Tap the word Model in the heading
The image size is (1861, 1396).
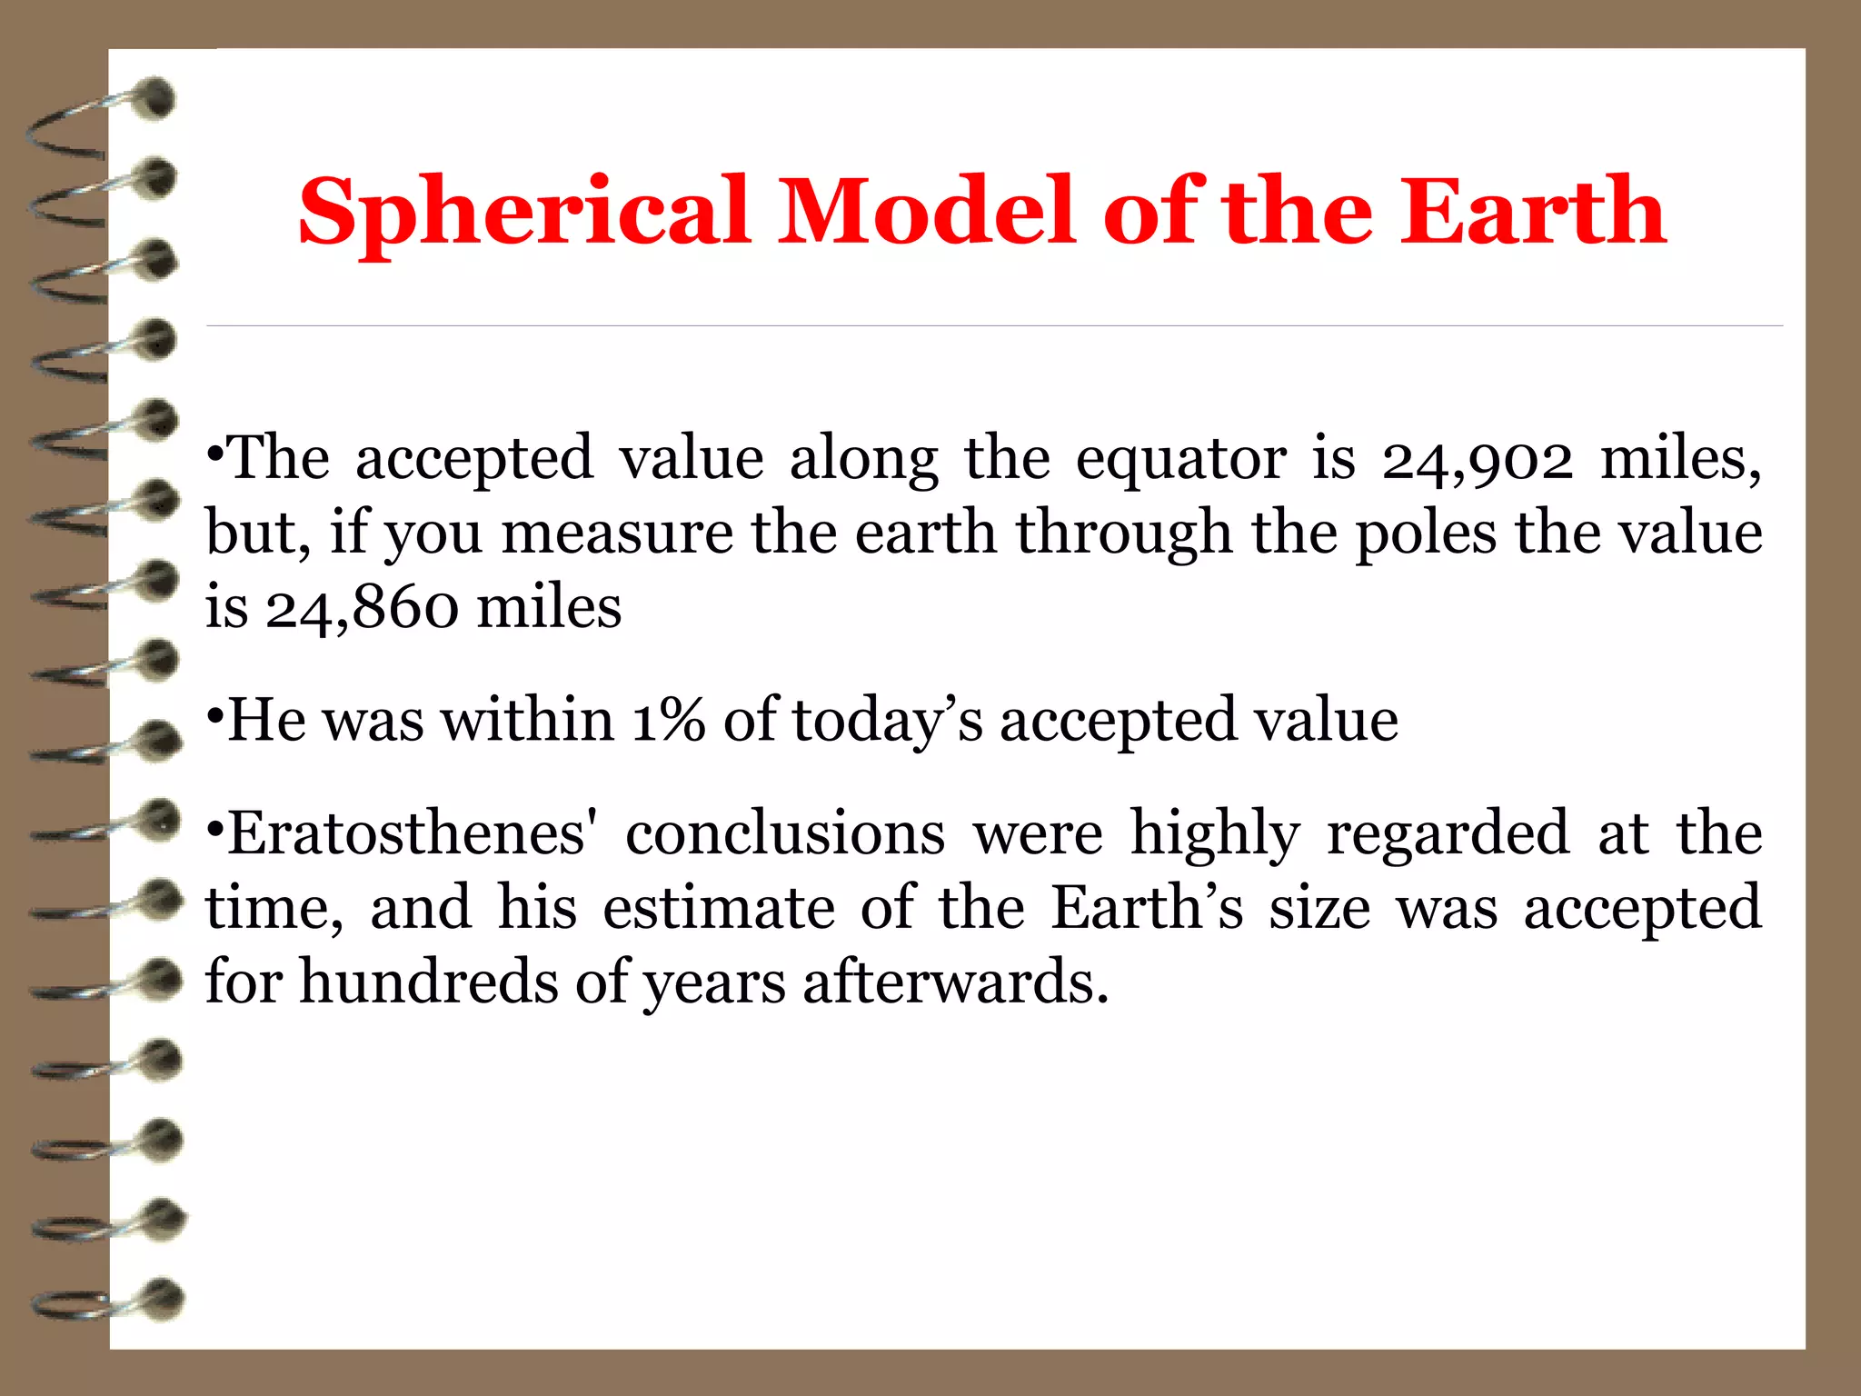(x=927, y=211)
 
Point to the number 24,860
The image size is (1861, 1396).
(x=362, y=608)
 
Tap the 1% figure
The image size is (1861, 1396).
(x=668, y=721)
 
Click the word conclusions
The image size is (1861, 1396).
(x=785, y=833)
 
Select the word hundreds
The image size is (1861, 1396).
(x=429, y=982)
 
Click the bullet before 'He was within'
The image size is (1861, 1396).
(x=214, y=718)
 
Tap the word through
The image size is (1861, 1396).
(x=1123, y=533)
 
